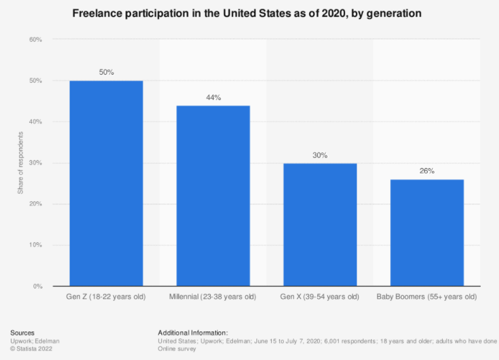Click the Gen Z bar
click(106, 183)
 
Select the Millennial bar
click(213, 196)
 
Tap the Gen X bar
click(320, 225)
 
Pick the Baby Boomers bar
click(427, 233)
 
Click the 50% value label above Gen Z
click(106, 72)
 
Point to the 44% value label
click(213, 97)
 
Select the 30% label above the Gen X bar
click(320, 155)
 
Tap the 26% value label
click(427, 171)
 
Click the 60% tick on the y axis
click(35, 40)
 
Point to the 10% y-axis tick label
click(35, 245)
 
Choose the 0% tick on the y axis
click(37, 287)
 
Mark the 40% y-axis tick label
click(35, 122)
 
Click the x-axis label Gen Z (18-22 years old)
click(106, 297)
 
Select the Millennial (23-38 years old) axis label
click(213, 297)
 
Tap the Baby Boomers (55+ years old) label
click(427, 297)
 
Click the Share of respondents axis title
click(20, 163)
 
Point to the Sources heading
click(22, 332)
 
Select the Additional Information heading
click(193, 332)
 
